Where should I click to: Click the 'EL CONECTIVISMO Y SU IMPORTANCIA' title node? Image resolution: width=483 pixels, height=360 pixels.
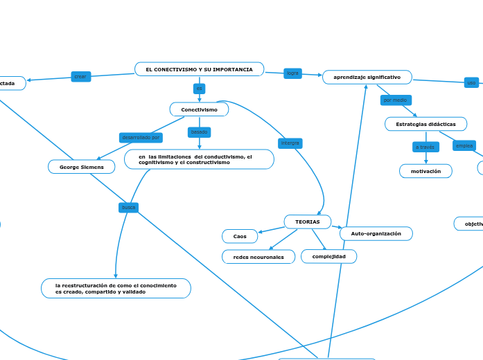click(x=199, y=69)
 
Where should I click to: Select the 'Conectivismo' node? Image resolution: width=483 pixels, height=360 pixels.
click(x=199, y=109)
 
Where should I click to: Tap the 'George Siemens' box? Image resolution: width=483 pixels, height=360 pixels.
click(x=81, y=167)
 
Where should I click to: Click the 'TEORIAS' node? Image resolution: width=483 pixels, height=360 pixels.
click(x=307, y=222)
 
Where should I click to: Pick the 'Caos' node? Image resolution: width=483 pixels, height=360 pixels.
click(x=240, y=237)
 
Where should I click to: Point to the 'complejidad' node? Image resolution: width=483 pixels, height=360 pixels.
click(x=328, y=256)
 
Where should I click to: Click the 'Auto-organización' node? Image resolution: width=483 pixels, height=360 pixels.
click(x=376, y=233)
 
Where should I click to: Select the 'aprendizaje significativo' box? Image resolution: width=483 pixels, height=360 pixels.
click(x=367, y=77)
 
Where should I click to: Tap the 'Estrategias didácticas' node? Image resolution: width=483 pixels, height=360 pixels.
click(x=425, y=124)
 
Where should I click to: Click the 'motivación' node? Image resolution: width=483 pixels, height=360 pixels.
click(x=425, y=171)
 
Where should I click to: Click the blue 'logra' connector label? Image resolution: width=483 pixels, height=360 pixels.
click(x=292, y=73)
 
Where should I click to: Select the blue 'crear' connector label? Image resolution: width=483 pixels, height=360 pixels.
click(x=80, y=76)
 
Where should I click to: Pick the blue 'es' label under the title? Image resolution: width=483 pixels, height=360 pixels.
click(x=200, y=89)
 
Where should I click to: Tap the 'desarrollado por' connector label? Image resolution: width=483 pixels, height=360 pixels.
click(x=141, y=138)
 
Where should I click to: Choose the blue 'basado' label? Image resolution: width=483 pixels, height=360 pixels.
click(x=199, y=132)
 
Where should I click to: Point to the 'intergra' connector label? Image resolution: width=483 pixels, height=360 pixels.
click(x=290, y=143)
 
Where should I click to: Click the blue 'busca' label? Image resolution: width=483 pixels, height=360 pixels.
click(x=129, y=207)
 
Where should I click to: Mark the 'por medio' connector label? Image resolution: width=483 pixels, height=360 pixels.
click(x=395, y=100)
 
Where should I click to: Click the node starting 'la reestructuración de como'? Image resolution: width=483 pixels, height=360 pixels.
click(x=116, y=289)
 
